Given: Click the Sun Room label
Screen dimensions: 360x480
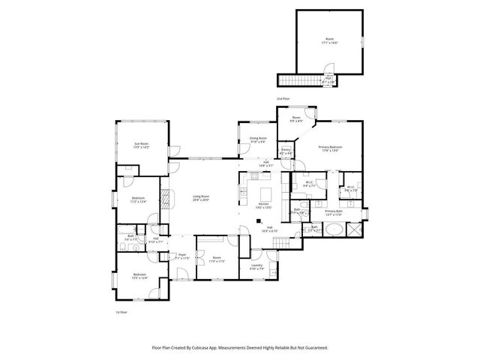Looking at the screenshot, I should pos(141,145).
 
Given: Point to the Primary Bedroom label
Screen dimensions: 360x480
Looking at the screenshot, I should pos(330,148).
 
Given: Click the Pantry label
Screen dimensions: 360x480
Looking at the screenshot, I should pos(286,151).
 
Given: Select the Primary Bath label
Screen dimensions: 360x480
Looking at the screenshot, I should pos(334,213).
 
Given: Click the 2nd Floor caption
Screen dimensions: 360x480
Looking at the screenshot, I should pos(283,98).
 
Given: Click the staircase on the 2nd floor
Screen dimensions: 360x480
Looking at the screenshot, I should pos(298,79).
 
